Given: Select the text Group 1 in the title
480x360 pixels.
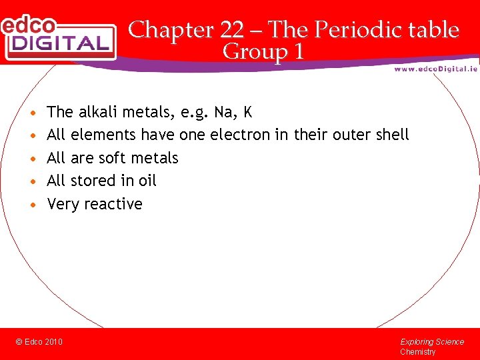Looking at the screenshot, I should click(x=263, y=51).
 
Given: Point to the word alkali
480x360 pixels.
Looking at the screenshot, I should click(x=98, y=111).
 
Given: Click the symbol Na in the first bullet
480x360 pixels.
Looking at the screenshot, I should click(x=223, y=111).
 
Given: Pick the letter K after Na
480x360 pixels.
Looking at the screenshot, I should click(x=248, y=111).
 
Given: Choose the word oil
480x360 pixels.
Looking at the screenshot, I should click(x=147, y=181).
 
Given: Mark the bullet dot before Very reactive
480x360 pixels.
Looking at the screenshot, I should click(x=33, y=205).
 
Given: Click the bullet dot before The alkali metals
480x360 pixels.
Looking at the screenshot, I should click(x=33, y=112).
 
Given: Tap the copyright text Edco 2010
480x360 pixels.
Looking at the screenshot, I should click(x=39, y=342).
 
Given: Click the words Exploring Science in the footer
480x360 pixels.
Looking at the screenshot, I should click(x=431, y=342).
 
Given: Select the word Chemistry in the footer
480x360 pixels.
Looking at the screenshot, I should click(x=417, y=352).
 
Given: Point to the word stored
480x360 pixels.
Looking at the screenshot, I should click(x=93, y=181).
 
